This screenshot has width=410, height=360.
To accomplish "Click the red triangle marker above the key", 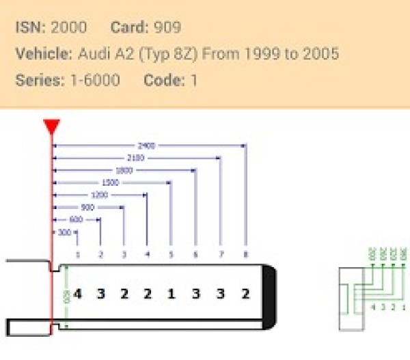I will [x=51, y=126].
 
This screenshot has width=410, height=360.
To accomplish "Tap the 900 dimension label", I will [x=87, y=207].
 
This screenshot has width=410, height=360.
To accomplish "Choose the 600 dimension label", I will [x=75, y=219].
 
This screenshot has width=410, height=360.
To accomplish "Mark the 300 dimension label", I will [x=64, y=232].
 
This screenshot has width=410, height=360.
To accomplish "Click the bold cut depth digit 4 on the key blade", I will [x=78, y=294].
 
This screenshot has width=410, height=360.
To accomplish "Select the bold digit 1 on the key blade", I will [x=171, y=294].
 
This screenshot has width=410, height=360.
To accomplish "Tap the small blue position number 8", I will [x=245, y=255].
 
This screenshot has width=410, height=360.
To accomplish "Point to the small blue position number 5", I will [x=171, y=255].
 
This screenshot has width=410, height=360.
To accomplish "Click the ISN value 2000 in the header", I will [x=69, y=28].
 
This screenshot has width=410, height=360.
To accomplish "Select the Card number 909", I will [x=167, y=28].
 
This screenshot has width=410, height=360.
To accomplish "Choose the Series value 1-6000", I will [x=94, y=80].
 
